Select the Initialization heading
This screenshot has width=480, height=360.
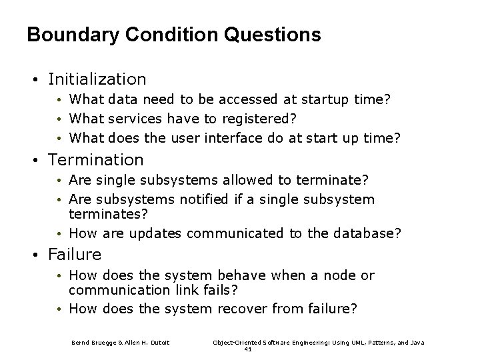click(x=97, y=79)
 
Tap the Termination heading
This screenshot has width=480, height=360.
click(x=96, y=160)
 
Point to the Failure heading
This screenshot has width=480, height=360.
click(x=75, y=255)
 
